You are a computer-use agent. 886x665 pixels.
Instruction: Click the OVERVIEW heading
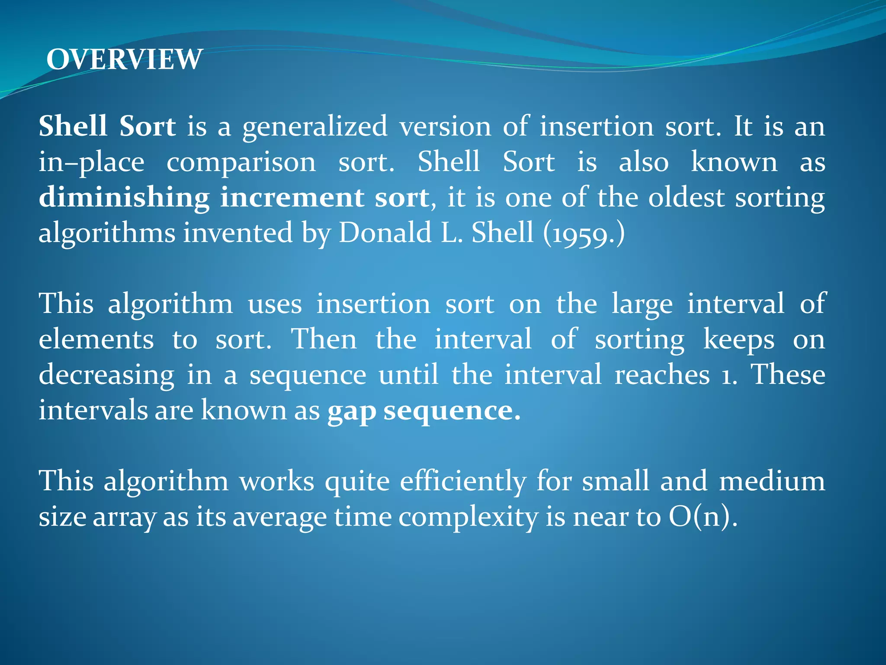[x=124, y=59]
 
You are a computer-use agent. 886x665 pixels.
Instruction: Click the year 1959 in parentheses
[x=584, y=234]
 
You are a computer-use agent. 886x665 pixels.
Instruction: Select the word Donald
[x=385, y=232]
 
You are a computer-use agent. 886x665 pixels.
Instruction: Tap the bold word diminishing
[x=124, y=198]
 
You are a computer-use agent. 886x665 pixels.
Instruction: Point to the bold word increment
[x=292, y=198]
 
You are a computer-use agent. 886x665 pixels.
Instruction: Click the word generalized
[x=315, y=127]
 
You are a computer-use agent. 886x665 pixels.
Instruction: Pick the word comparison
[x=241, y=162]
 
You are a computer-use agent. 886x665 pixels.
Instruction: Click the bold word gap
[x=351, y=411]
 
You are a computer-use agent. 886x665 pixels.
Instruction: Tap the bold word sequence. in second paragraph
[x=452, y=411]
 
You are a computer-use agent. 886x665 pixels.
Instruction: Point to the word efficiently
[x=463, y=481]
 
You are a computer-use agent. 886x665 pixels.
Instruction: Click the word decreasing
[x=106, y=375]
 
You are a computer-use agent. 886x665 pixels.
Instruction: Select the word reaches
[x=662, y=375]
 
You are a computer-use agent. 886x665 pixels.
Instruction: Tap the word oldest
[x=686, y=198]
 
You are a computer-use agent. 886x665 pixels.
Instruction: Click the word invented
[x=238, y=232]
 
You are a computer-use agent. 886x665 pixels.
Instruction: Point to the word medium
[x=771, y=481]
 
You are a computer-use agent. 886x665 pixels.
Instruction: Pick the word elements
[x=96, y=339]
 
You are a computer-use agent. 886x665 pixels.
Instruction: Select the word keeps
[x=738, y=339]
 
